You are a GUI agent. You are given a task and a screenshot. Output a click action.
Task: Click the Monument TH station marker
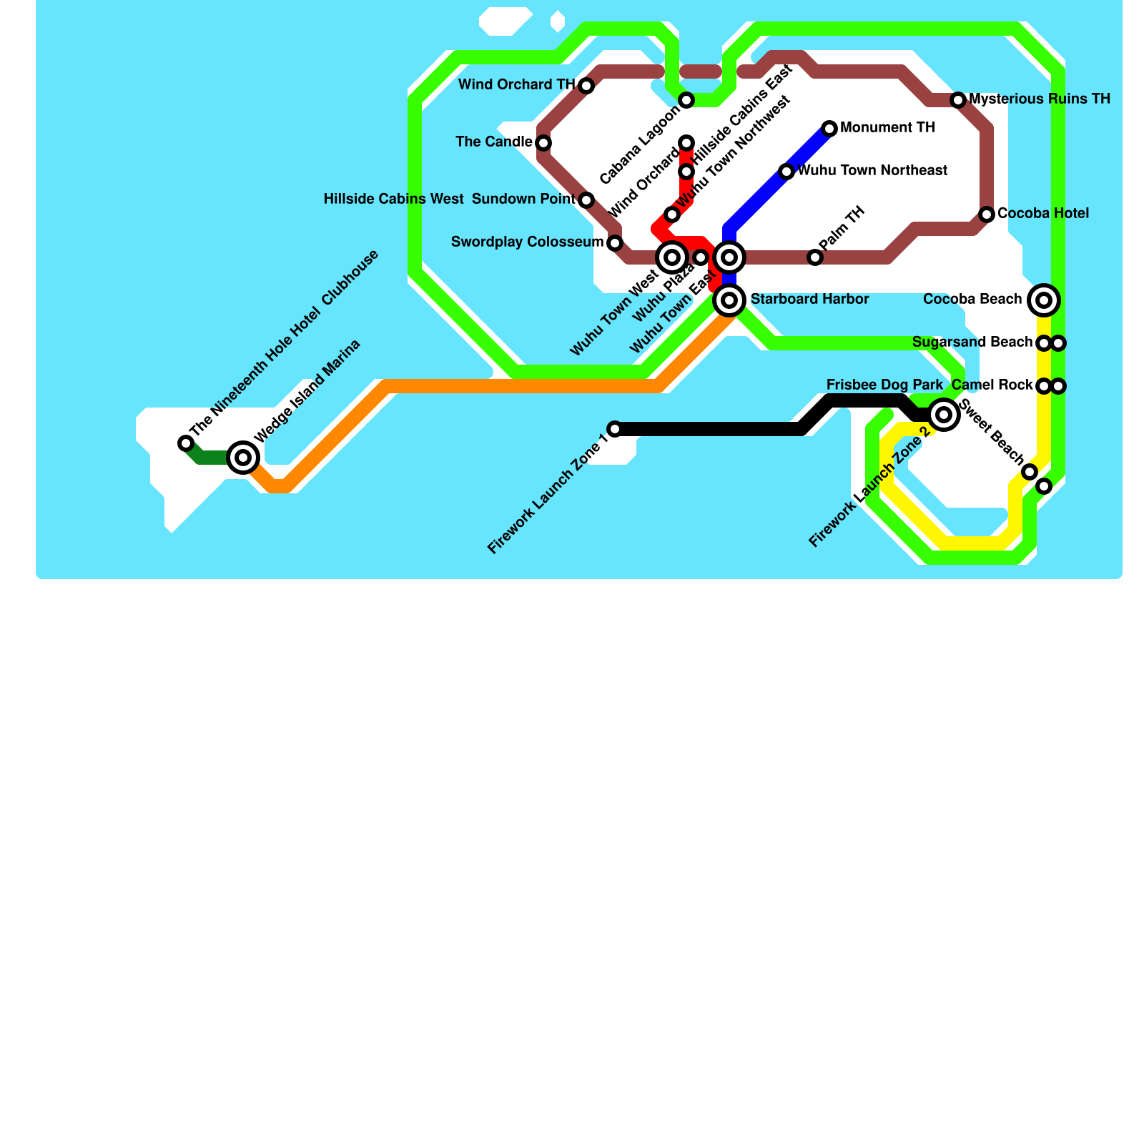coord(829,129)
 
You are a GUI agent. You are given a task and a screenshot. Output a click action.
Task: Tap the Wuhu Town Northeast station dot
coord(786,172)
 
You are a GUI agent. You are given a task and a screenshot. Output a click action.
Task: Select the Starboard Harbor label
coord(809,300)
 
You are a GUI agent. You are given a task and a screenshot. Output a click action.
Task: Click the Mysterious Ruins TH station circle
coord(958,100)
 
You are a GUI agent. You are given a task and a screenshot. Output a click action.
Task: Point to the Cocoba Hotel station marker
coord(987,214)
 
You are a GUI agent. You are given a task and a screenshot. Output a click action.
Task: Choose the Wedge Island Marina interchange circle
coord(243,458)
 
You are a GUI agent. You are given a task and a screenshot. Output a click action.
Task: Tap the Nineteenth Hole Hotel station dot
coord(186,443)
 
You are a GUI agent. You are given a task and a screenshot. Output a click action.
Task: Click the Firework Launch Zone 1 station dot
coord(615,429)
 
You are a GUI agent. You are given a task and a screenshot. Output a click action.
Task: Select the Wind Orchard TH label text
coord(516,85)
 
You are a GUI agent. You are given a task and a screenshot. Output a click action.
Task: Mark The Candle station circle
coord(543,143)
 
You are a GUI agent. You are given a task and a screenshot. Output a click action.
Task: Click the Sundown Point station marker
coord(586,200)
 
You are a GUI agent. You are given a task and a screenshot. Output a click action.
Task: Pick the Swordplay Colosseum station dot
coord(615,243)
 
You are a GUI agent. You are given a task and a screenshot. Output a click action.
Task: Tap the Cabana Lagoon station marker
coord(686,100)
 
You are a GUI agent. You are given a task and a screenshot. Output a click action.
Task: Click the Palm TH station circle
coord(815,257)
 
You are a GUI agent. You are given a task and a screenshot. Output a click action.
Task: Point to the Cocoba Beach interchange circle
coord(1044,300)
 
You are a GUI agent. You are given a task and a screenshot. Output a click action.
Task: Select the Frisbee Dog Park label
coord(884,385)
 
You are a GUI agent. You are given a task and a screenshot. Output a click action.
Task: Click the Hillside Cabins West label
coord(393,199)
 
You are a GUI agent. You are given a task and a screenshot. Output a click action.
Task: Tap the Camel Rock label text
coord(992,385)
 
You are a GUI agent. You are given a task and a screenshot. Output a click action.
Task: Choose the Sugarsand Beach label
coord(972,342)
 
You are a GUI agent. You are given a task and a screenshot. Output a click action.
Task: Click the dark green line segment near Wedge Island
coord(211,457)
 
